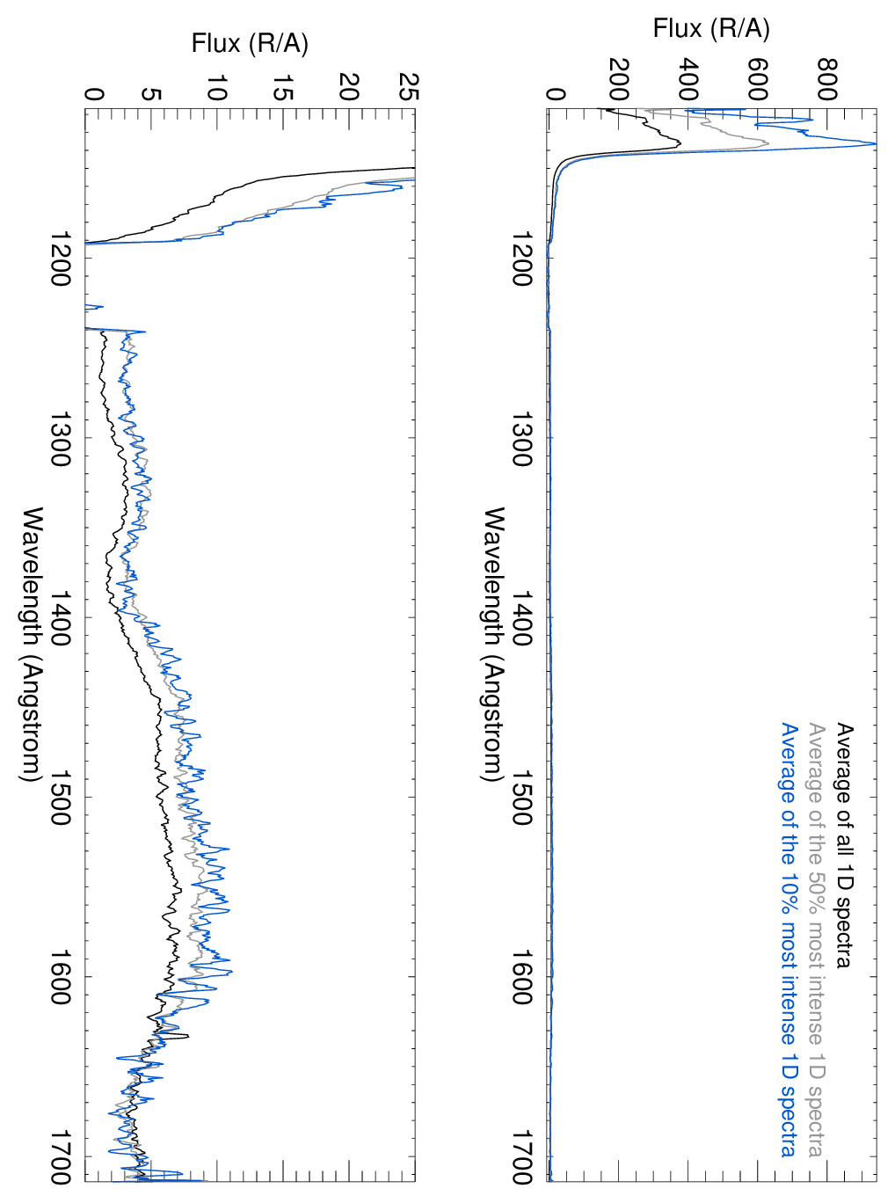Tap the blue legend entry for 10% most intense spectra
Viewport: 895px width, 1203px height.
pyautogui.click(x=789, y=940)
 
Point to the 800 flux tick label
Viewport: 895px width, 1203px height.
pyautogui.click(x=826, y=80)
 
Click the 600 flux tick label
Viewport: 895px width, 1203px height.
pyautogui.click(x=757, y=80)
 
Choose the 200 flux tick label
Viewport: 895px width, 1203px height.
pyautogui.click(x=619, y=80)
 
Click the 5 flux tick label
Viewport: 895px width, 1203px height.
pyautogui.click(x=150, y=94)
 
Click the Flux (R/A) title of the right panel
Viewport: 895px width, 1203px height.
pyautogui.click(x=711, y=29)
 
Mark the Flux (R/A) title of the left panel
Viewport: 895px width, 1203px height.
pyautogui.click(x=251, y=43)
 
